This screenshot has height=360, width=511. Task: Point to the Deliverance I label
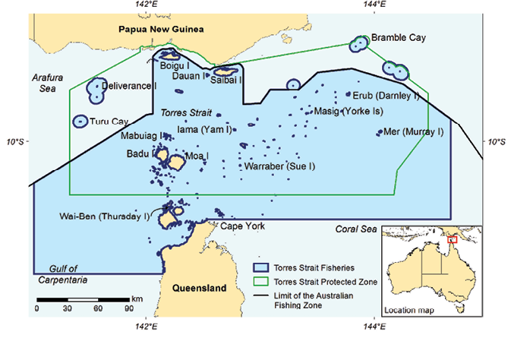(x=129, y=86)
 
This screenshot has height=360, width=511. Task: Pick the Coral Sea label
(x=357, y=229)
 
